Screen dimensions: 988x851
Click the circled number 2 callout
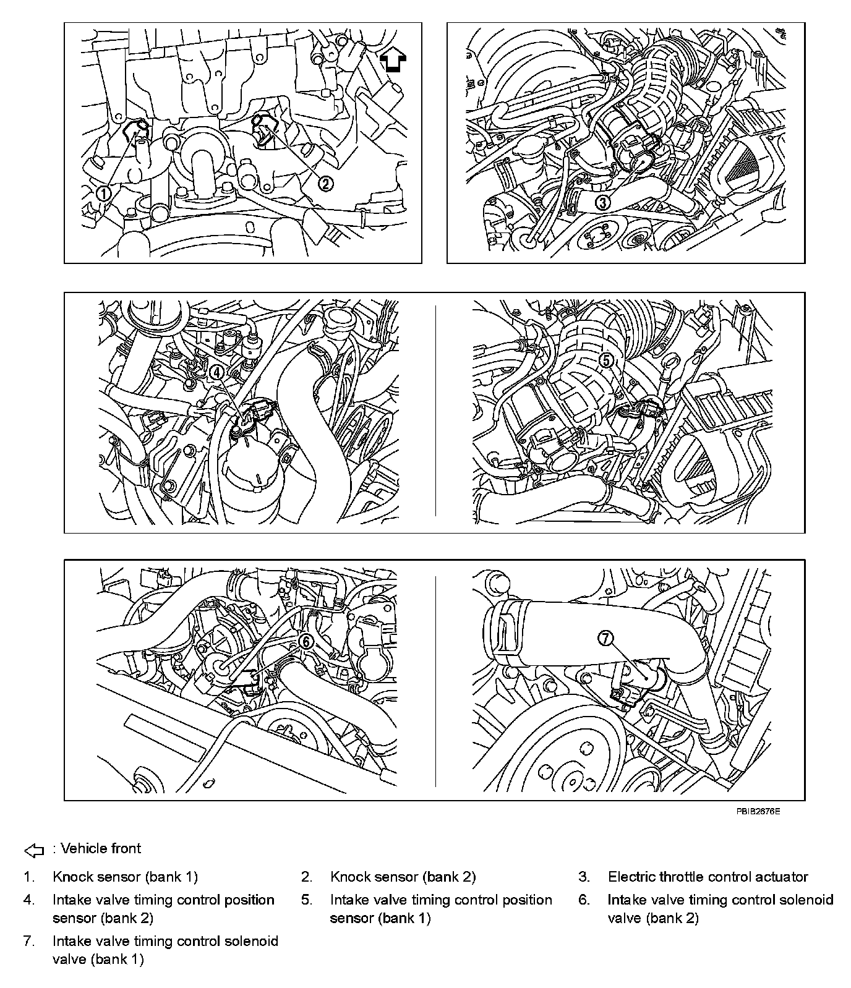click(x=326, y=182)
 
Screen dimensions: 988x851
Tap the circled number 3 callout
click(x=602, y=202)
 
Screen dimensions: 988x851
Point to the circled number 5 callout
click(x=607, y=359)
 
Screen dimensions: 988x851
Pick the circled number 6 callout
click(x=306, y=642)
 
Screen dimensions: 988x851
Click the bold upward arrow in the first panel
click(x=393, y=61)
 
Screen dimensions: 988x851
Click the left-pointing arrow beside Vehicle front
click(x=35, y=851)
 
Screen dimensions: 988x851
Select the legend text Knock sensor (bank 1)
click(x=125, y=877)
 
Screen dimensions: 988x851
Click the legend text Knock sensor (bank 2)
click(x=403, y=877)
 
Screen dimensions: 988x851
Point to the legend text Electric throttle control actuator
click(x=708, y=877)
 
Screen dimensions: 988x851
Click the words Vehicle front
click(x=101, y=848)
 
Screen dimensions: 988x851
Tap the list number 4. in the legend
click(x=29, y=900)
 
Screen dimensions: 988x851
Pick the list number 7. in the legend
click(x=29, y=942)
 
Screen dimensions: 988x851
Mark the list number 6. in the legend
click(x=584, y=900)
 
